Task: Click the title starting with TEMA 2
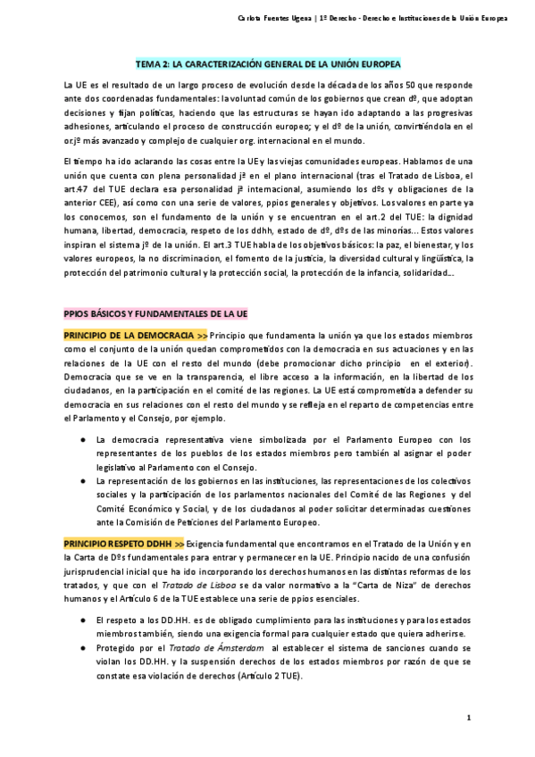268,65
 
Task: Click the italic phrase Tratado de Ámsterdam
207,648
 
